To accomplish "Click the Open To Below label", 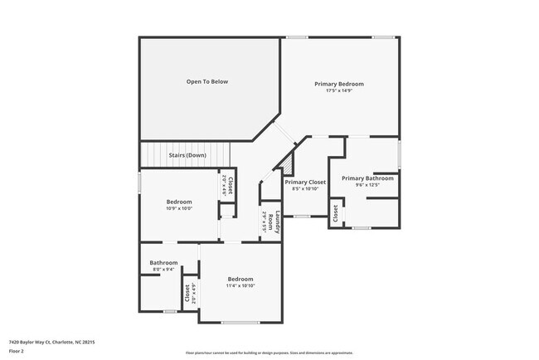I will click(x=207, y=81).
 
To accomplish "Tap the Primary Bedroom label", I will click(x=339, y=84).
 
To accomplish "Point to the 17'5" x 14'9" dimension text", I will click(x=339, y=90).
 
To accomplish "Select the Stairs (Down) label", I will click(x=187, y=155).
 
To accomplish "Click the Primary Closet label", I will click(x=305, y=182).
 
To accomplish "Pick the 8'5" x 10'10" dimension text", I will click(x=305, y=188).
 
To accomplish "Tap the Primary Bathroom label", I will click(x=367, y=178).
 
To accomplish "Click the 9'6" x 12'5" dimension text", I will click(x=367, y=185).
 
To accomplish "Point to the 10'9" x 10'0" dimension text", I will click(x=179, y=208).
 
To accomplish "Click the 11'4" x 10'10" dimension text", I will click(x=240, y=285).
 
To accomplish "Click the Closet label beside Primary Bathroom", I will click(x=337, y=213).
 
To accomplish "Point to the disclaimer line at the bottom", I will click(x=269, y=353).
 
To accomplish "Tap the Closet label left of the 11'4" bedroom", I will click(x=187, y=292).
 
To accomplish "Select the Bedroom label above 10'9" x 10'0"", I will click(x=179, y=202).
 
